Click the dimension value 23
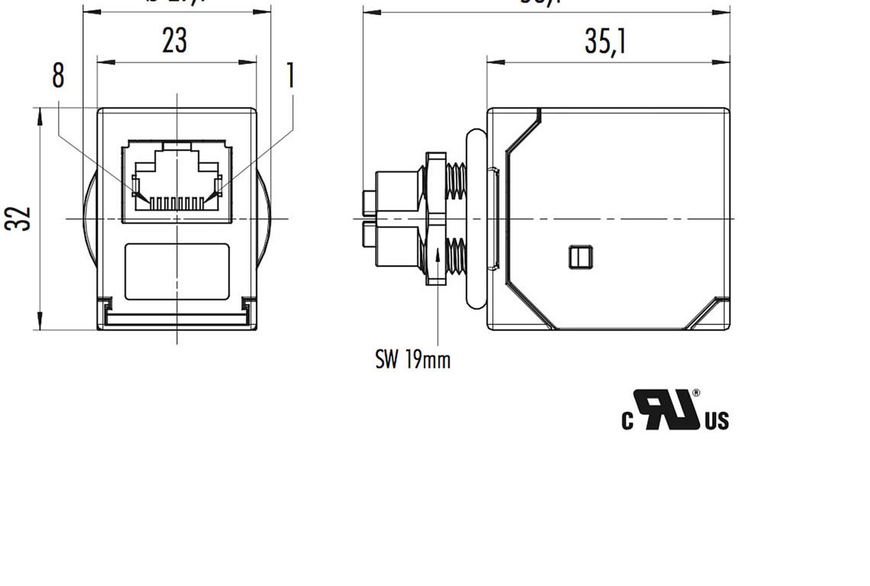175,40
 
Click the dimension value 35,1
605,41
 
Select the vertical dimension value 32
18,219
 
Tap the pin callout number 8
58,76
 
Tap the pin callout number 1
290,76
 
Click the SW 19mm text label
412,359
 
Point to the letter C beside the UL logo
627,420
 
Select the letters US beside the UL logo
717,420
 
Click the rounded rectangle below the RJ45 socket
177,272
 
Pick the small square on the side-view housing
581,257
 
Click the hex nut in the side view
436,218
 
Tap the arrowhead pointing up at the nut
437,253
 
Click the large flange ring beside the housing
475,218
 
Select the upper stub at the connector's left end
369,201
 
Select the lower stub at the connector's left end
369,236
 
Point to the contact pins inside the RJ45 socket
177,202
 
